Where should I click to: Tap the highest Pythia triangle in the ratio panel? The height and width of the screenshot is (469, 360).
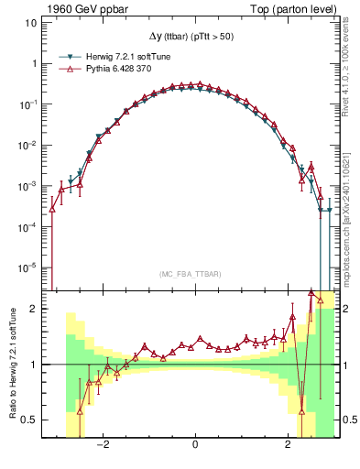pos(311,292)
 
